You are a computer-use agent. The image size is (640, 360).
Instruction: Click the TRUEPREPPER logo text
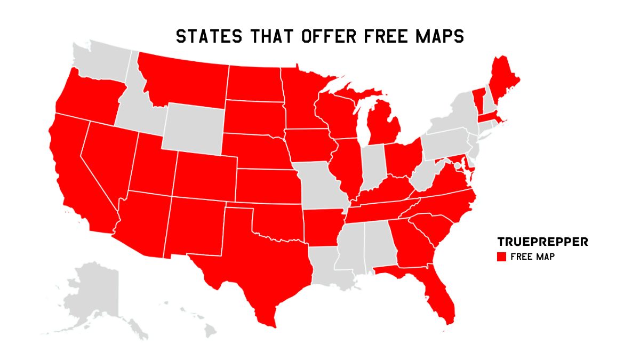tap(542, 242)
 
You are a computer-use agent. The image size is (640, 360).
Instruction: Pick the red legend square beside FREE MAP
tap(501, 257)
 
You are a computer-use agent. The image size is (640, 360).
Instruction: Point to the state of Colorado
tap(205, 177)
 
